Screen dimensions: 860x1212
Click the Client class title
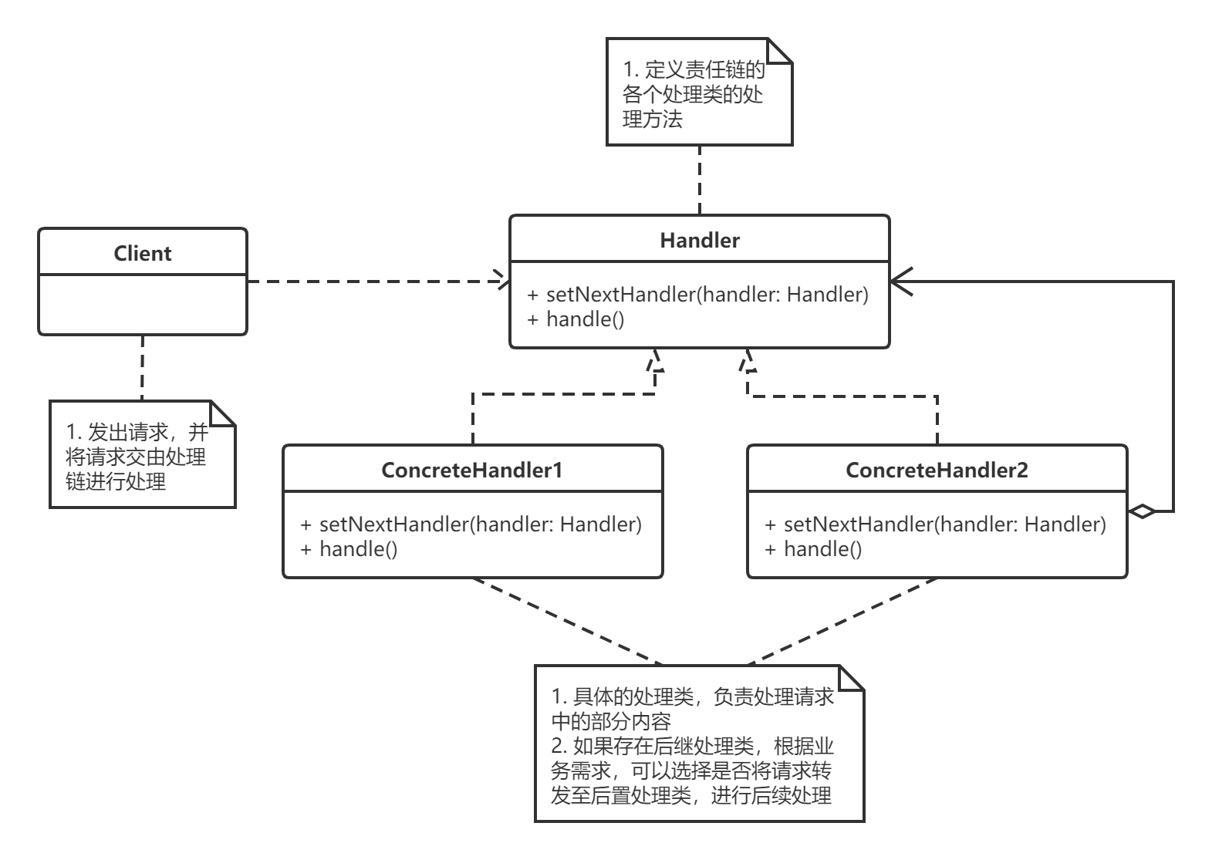[x=143, y=253]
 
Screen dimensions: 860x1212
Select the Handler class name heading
[x=699, y=240]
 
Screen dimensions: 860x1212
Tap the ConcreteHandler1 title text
[x=472, y=470]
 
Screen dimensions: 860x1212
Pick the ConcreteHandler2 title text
[x=937, y=470]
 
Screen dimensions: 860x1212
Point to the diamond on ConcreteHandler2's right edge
[x=1142, y=511]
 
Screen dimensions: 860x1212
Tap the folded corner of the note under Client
[x=223, y=413]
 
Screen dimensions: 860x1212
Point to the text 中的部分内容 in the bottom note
[x=610, y=721]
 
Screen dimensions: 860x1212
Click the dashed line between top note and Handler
[x=699, y=179]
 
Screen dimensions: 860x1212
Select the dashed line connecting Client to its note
[x=142, y=366]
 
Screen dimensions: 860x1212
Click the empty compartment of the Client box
[x=143, y=304]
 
